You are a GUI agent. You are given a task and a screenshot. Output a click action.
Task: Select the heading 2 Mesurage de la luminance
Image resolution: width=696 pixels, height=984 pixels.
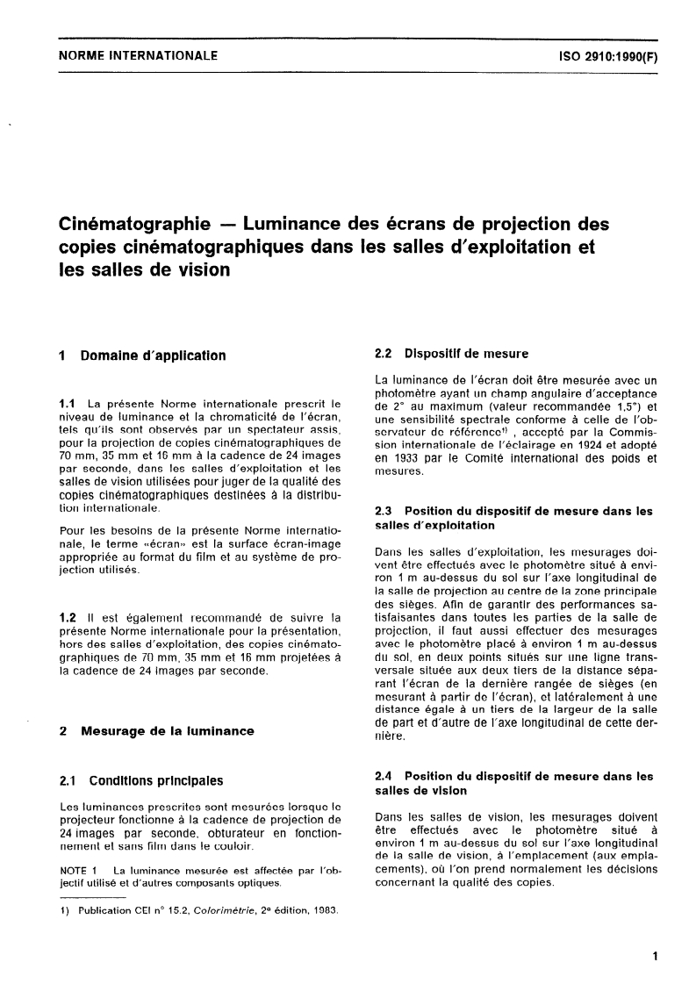(155, 730)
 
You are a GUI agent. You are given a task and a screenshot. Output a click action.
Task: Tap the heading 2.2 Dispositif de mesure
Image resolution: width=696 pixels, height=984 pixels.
(450, 355)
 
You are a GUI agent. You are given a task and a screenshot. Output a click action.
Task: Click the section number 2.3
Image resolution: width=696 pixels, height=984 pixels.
(383, 511)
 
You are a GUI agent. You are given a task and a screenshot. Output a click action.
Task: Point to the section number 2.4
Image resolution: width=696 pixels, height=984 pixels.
(383, 776)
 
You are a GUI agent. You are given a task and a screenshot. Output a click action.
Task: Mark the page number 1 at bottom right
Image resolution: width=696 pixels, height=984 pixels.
(655, 959)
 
